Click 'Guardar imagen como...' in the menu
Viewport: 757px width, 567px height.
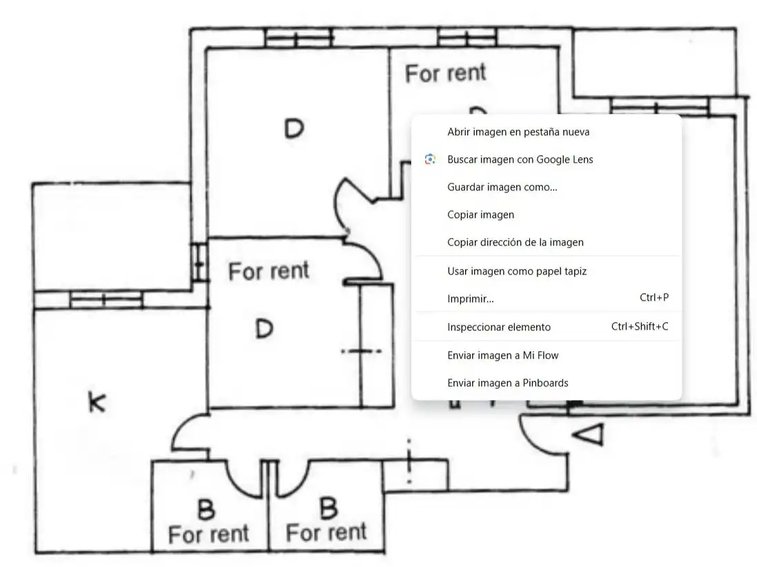(502, 187)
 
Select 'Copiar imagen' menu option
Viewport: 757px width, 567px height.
(480, 215)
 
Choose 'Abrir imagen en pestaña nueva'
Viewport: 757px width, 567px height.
(518, 132)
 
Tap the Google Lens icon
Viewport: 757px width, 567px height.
(430, 159)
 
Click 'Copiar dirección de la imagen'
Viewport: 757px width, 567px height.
(515, 242)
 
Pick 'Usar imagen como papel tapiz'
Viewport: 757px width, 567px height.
(517, 271)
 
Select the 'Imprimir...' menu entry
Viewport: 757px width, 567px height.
(470, 299)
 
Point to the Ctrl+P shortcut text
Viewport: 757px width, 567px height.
(654, 298)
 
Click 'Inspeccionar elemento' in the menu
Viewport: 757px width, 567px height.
(499, 327)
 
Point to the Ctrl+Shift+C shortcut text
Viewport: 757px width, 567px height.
(640, 327)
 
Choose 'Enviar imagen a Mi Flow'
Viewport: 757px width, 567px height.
(502, 356)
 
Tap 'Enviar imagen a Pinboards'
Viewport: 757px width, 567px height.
(507, 383)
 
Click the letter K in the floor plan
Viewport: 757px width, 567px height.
(97, 402)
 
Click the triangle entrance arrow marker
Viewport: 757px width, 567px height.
(589, 435)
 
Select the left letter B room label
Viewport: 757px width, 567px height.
(206, 510)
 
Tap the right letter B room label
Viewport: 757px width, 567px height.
(328, 508)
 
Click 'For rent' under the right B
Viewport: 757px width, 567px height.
(326, 533)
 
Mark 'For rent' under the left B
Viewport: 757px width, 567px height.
(208, 534)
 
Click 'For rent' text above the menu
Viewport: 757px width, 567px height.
(446, 73)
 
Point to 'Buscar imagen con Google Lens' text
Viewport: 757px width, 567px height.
(520, 160)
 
